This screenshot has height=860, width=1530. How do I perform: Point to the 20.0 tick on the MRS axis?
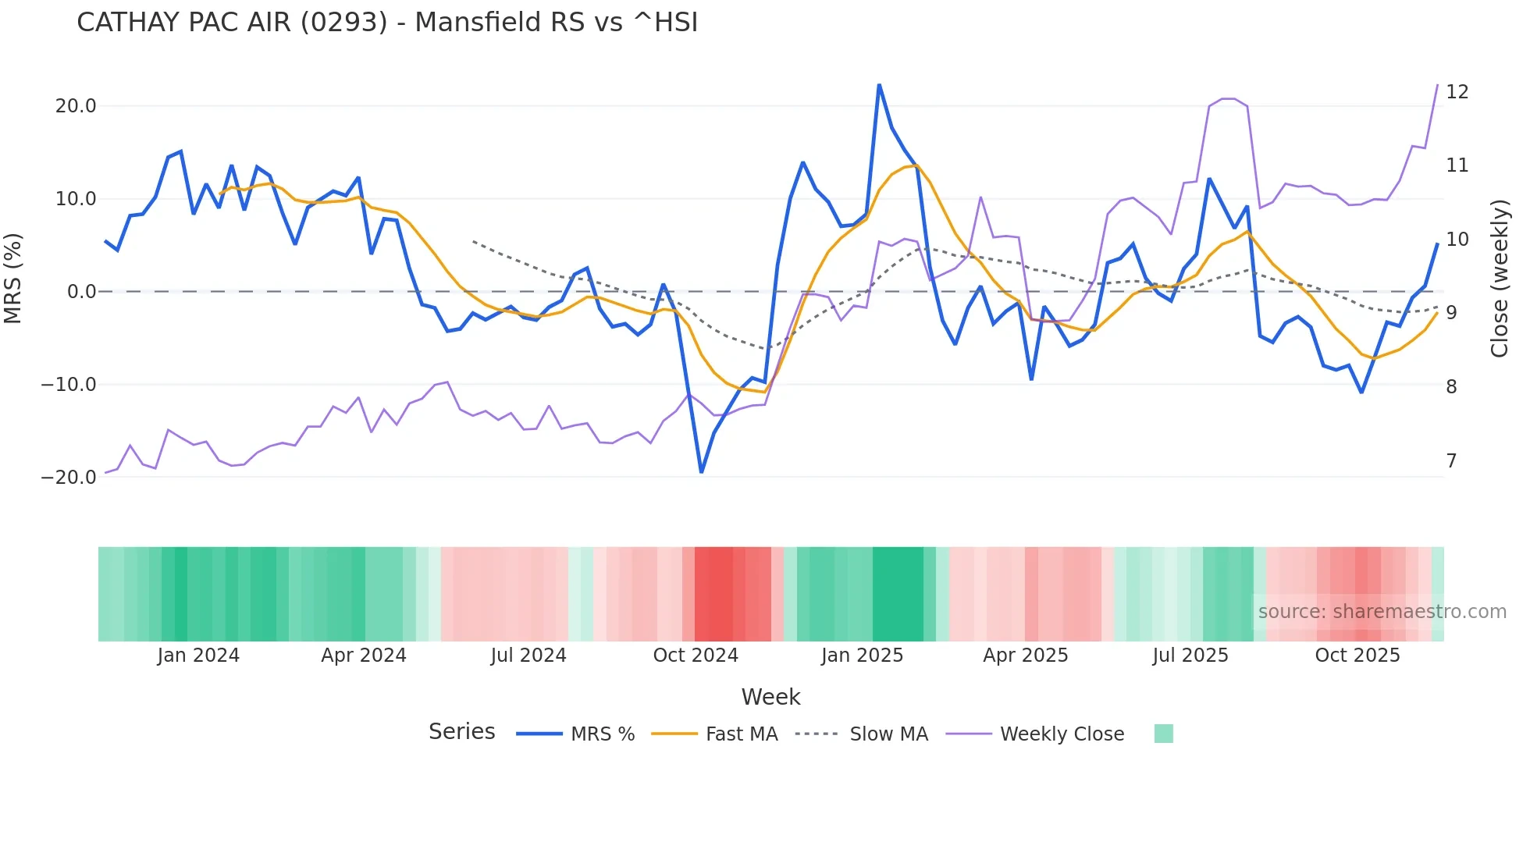coord(75,106)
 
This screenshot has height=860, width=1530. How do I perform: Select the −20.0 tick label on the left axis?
coord(69,478)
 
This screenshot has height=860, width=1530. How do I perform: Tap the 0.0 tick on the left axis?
coord(81,292)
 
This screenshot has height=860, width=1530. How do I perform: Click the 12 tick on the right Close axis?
coord(1457,92)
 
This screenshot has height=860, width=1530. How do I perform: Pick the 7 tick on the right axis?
coord(1451,461)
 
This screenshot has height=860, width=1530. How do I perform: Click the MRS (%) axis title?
coord(13,278)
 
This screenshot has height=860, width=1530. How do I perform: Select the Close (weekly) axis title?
coord(1499,279)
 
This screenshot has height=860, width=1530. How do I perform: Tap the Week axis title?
coord(770,697)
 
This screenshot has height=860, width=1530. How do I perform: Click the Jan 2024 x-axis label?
coord(198,656)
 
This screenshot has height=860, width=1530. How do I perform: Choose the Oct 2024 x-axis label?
coord(696,656)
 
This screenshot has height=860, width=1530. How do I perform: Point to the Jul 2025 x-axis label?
coord(1190,656)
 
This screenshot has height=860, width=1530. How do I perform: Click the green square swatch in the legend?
coord(1163,734)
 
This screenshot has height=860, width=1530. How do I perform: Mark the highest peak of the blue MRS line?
coord(879,85)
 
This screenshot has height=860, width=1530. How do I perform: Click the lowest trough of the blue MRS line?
coord(701,471)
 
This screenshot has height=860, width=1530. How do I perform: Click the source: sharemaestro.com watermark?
coord(1382,612)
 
